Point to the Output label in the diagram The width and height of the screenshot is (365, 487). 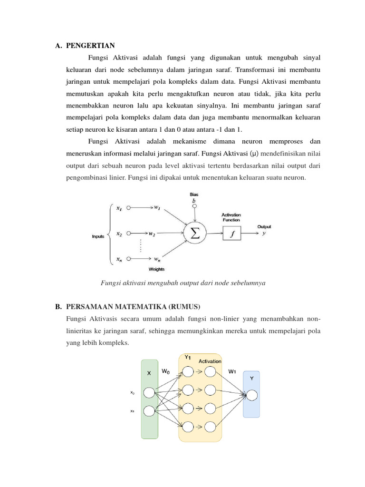tap(265, 226)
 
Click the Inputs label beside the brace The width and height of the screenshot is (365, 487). tap(98, 236)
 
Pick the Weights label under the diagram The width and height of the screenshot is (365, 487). tap(157, 269)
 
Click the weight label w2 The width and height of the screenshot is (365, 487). tap(152, 234)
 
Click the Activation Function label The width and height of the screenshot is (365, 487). tap(231, 217)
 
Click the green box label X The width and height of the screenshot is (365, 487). tap(149, 373)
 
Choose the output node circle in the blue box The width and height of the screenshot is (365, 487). tap(251, 395)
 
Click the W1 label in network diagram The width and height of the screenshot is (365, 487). tap(232, 371)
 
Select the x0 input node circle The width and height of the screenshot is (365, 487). tap(149, 393)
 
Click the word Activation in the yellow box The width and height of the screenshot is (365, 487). tap(210, 361)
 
